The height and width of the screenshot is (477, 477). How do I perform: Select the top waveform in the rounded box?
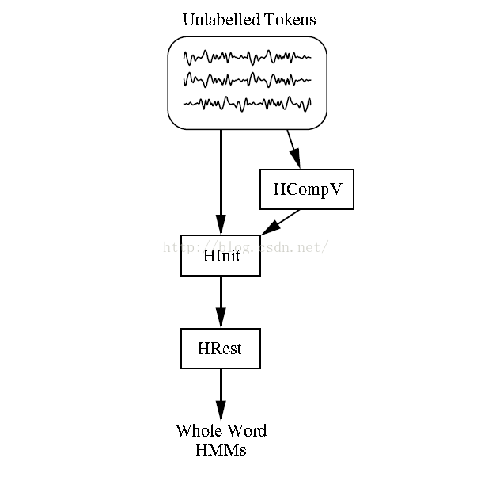tap(247, 57)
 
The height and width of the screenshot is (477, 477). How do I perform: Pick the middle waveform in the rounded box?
tap(247, 80)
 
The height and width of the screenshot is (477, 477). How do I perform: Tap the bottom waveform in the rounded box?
tap(247, 102)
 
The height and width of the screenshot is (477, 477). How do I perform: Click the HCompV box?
tap(306, 189)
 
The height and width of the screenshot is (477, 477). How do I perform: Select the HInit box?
tap(221, 255)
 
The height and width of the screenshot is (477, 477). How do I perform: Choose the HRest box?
tap(221, 348)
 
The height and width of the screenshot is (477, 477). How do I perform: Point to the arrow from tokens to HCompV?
tap(292, 148)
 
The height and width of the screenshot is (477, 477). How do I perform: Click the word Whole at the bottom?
tap(196, 431)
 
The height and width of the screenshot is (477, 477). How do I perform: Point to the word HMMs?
tap(221, 450)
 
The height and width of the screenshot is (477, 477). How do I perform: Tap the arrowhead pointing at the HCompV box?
tap(296, 162)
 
